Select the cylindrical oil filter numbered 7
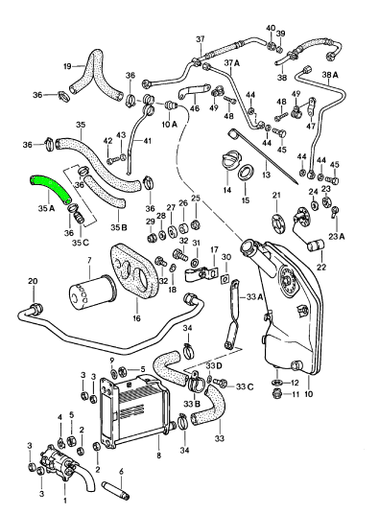tap(87, 293)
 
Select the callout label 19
tap(68, 66)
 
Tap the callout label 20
tap(32, 281)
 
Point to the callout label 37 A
tap(230, 63)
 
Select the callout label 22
tap(320, 267)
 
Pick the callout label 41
tap(148, 142)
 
